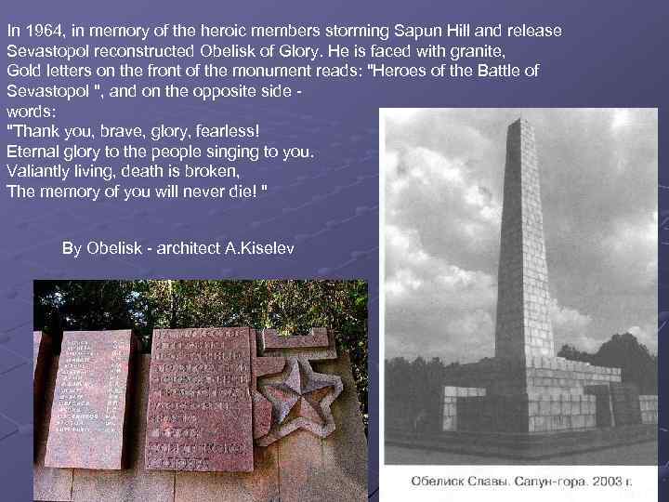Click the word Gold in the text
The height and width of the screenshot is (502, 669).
coord(23,72)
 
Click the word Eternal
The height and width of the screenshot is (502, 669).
coord(33,152)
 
